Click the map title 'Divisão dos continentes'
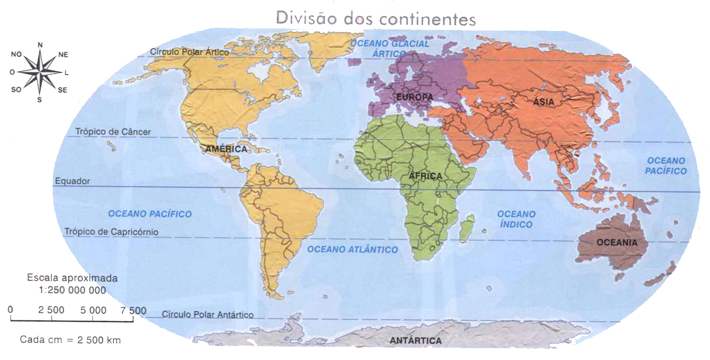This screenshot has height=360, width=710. click(376, 18)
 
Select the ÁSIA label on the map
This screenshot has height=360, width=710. click(544, 102)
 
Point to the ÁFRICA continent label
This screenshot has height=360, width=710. click(425, 176)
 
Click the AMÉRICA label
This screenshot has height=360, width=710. click(226, 149)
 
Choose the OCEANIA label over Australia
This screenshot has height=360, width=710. click(616, 242)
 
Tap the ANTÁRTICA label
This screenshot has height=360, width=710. click(416, 341)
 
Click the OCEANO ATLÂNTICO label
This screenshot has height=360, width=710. click(352, 250)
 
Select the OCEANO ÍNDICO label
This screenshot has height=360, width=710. click(516, 219)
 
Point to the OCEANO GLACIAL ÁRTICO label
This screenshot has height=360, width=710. click(390, 49)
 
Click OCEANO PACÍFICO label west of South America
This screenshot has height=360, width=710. click(150, 214)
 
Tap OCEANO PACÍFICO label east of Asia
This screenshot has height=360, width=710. click(666, 166)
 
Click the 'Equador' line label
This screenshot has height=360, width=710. click(72, 181)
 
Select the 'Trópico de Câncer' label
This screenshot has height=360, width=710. click(113, 132)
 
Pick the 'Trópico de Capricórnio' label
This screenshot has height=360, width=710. click(111, 232)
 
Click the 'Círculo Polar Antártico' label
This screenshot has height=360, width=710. click(207, 315)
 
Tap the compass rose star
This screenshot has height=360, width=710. click(40, 72)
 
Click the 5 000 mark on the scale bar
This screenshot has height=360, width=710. click(94, 310)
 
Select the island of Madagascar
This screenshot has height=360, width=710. click(466, 227)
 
